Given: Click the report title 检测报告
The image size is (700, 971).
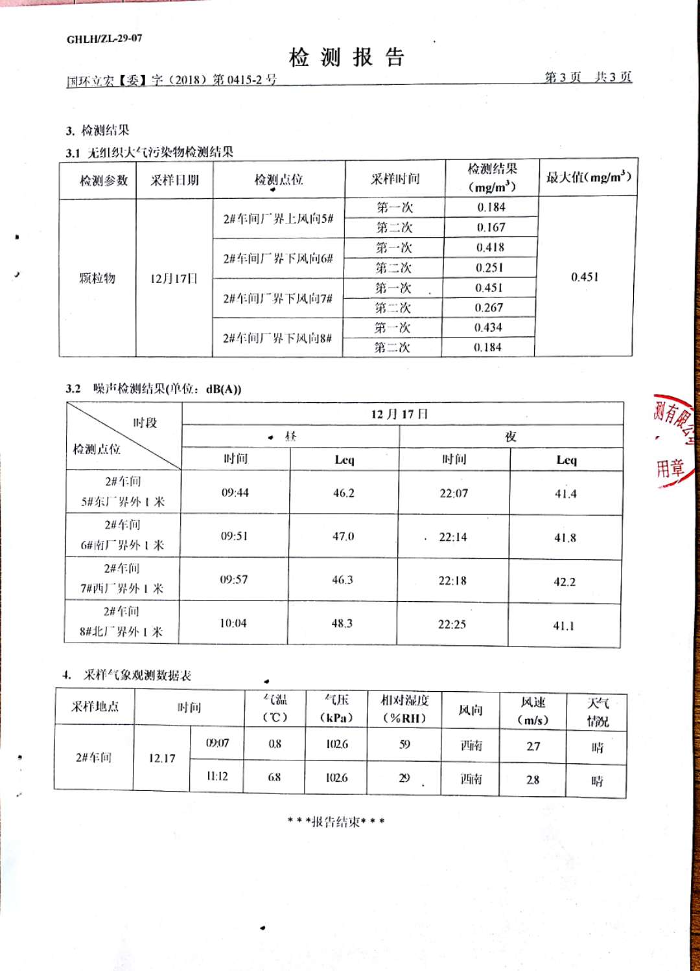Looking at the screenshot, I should pos(347,58).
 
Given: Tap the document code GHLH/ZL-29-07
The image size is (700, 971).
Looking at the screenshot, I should pos(104,39).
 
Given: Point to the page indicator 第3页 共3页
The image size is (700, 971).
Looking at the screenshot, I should pos(587,78).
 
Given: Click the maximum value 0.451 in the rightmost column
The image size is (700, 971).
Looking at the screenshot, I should pos(585,277).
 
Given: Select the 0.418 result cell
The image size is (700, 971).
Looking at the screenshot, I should pos(490,247).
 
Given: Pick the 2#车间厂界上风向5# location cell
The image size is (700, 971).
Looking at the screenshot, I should pos(278,219).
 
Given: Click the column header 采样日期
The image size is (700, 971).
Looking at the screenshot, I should pos(174,181).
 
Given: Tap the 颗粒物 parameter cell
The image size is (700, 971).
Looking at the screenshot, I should pos(97,279).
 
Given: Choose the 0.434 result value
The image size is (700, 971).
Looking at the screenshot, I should pos(488,328).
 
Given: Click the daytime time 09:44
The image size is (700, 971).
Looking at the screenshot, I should pos(235,493).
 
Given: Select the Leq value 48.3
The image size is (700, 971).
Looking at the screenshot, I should pos(342,623).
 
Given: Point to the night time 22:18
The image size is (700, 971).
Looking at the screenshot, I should pos(452,581).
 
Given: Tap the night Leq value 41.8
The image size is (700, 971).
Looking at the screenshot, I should pos(565,538).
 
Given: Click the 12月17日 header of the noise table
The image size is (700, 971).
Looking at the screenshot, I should pos(399,415).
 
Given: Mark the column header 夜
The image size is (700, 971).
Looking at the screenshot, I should pos(511,437).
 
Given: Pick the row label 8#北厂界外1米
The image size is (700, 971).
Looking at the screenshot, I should pos(121,632).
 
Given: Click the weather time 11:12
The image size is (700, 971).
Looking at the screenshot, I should pos(217,776).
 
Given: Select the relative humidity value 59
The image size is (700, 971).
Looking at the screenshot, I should pos(404,744).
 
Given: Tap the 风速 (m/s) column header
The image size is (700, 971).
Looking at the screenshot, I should pos(533,711).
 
